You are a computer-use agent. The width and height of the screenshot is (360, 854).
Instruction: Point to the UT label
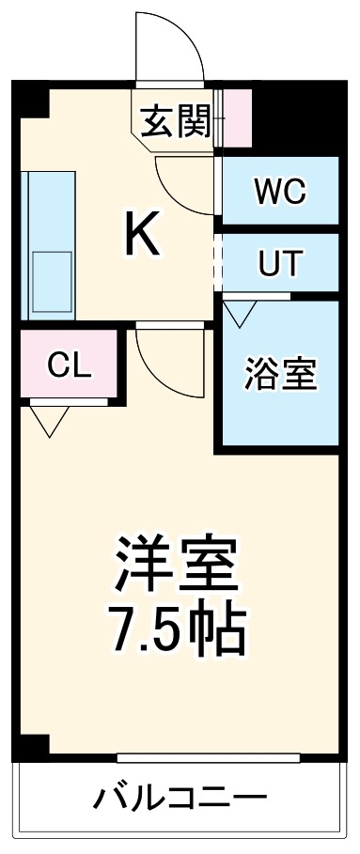(x=278, y=264)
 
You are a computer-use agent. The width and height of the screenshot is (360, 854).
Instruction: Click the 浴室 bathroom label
(x=279, y=374)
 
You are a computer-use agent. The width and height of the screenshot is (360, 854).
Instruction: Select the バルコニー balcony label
(x=180, y=800)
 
